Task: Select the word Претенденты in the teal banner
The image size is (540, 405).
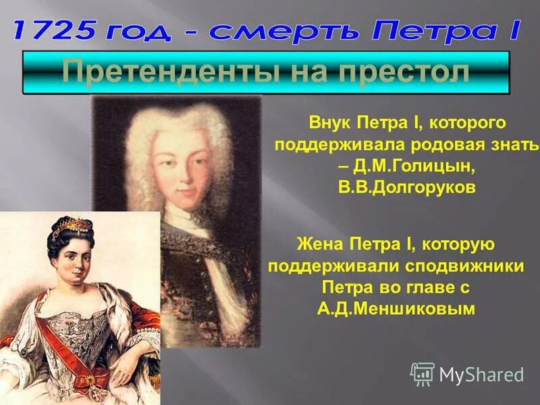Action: (154, 72)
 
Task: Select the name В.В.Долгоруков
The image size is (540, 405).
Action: (407, 188)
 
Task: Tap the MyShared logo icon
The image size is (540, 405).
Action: (423, 374)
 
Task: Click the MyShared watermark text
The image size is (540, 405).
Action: (481, 375)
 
